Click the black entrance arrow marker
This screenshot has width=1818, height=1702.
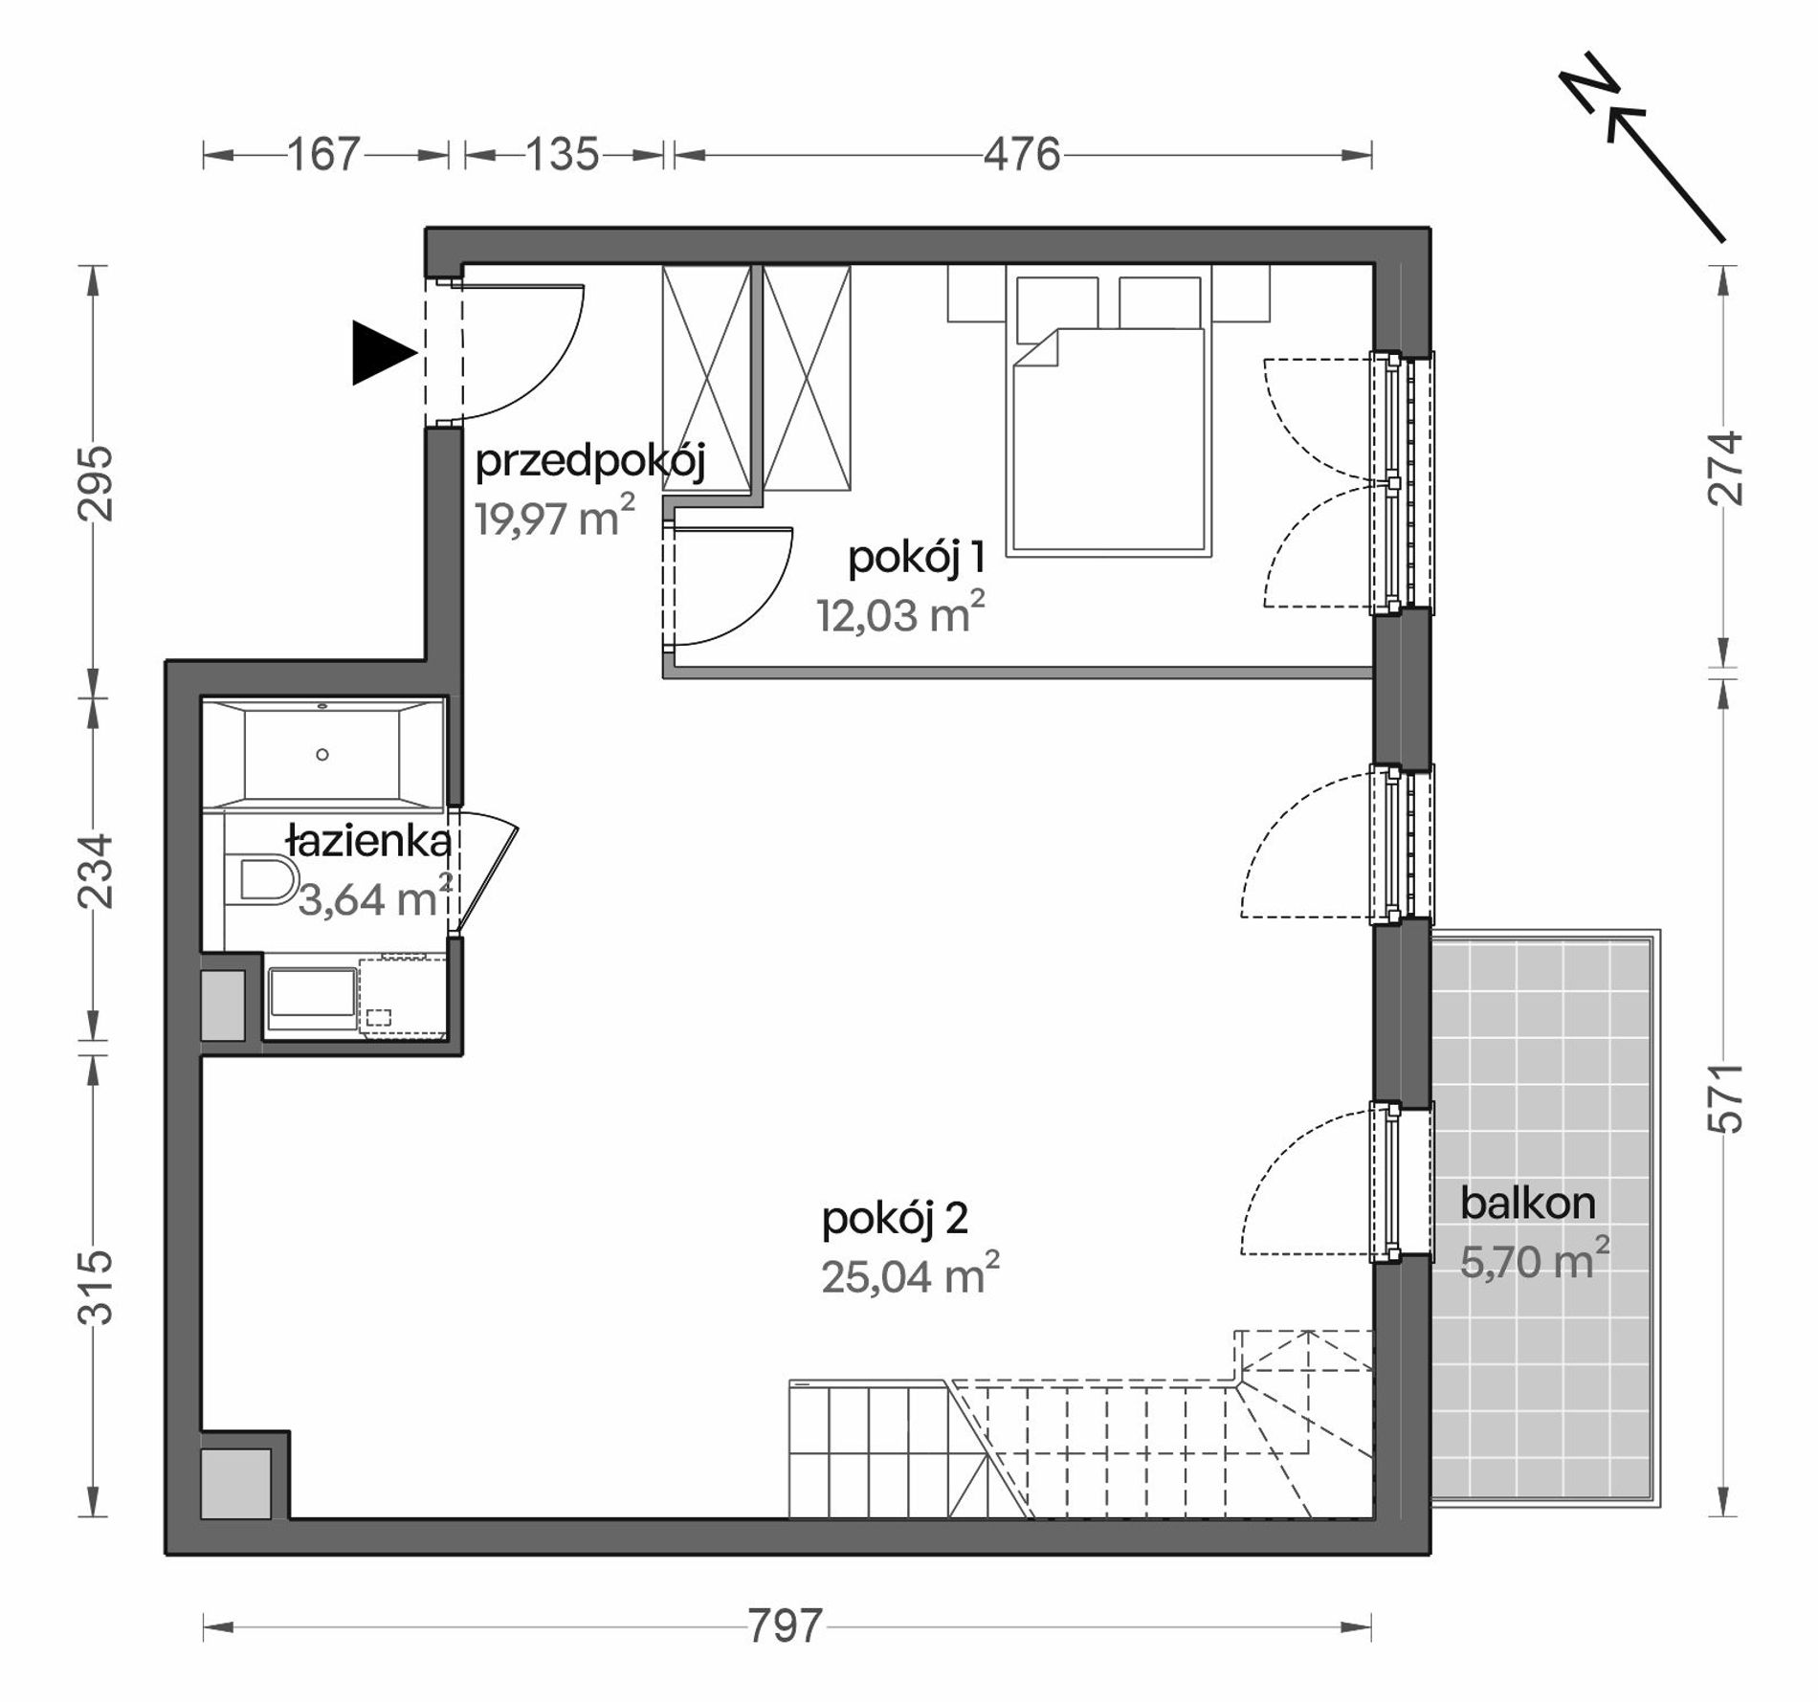click(384, 353)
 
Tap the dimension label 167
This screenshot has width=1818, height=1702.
click(325, 155)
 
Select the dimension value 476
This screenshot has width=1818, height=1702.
click(1023, 155)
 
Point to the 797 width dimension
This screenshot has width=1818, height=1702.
click(786, 1625)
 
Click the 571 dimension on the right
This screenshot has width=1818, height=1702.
click(1725, 1099)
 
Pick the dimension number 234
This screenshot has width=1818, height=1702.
click(97, 872)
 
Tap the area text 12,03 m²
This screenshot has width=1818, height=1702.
click(900, 613)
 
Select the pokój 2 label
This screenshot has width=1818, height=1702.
click(895, 1219)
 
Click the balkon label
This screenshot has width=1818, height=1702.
click(1528, 1204)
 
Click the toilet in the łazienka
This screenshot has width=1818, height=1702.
click(262, 880)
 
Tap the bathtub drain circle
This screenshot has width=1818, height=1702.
click(322, 755)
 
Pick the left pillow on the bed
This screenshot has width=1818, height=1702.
click(1056, 305)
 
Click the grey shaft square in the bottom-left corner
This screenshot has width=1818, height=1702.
click(235, 1483)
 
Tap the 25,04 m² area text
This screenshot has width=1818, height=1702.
click(910, 1275)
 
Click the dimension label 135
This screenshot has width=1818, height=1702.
click(563, 155)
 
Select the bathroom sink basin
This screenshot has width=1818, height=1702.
click(313, 991)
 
